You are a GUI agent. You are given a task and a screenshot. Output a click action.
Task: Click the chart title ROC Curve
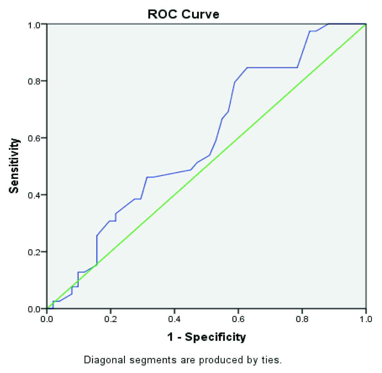183,14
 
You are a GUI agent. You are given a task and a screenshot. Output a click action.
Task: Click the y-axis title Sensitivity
14,166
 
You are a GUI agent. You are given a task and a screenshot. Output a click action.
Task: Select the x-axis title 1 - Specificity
206,337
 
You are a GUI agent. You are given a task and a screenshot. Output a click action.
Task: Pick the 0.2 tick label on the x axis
111,319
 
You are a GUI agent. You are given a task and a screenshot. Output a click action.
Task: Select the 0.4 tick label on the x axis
174,319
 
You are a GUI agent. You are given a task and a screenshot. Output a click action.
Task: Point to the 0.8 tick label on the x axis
302,319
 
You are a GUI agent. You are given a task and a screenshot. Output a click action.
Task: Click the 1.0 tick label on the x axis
366,319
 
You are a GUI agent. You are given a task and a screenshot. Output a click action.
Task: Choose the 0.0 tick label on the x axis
47,319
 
